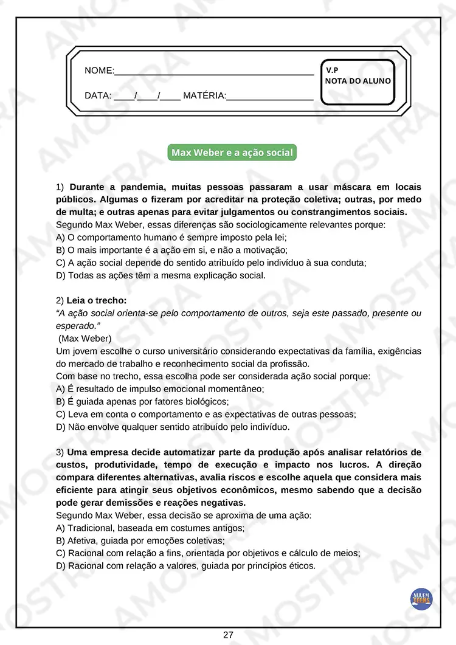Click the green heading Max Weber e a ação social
pyautogui.click(x=232, y=153)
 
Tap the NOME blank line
pyautogui.click(x=213, y=72)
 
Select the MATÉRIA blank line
pyautogui.click(x=269, y=97)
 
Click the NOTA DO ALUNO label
pyautogui.click(x=358, y=81)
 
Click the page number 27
pyautogui.click(x=228, y=635)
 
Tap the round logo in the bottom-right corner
pyautogui.click(x=421, y=599)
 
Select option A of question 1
pyautogui.click(x=171, y=237)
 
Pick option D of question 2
pyautogui.click(x=172, y=427)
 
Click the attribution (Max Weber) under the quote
pyautogui.click(x=85, y=338)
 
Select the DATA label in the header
pyautogui.click(x=97, y=96)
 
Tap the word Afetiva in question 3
pyautogui.click(x=82, y=540)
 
